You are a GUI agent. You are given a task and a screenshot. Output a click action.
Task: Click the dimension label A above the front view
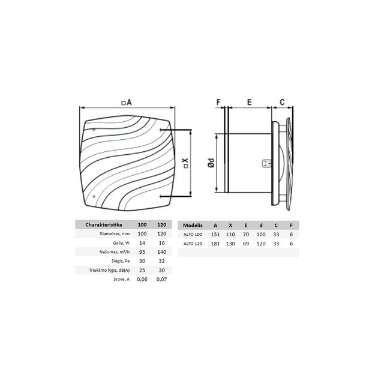pyautogui.click(x=127, y=103)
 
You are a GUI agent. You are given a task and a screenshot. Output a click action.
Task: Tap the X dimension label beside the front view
pyautogui.click(x=185, y=163)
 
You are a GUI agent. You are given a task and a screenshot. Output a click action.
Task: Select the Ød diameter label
pyautogui.click(x=211, y=163)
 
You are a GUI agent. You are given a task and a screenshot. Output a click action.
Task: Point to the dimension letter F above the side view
pyautogui.click(x=218, y=102)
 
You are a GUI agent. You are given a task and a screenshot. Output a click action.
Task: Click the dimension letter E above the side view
pyautogui.click(x=249, y=102)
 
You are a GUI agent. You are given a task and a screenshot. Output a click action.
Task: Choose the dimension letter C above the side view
pyautogui.click(x=282, y=102)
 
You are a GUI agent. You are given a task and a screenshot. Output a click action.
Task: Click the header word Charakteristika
pyautogui.click(x=104, y=225)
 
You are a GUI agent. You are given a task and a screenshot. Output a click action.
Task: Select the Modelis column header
pyautogui.click(x=193, y=225)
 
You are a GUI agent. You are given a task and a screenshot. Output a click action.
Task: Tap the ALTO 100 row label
pyautogui.click(x=193, y=235)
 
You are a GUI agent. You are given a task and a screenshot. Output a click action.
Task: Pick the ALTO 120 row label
pyautogui.click(x=193, y=244)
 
